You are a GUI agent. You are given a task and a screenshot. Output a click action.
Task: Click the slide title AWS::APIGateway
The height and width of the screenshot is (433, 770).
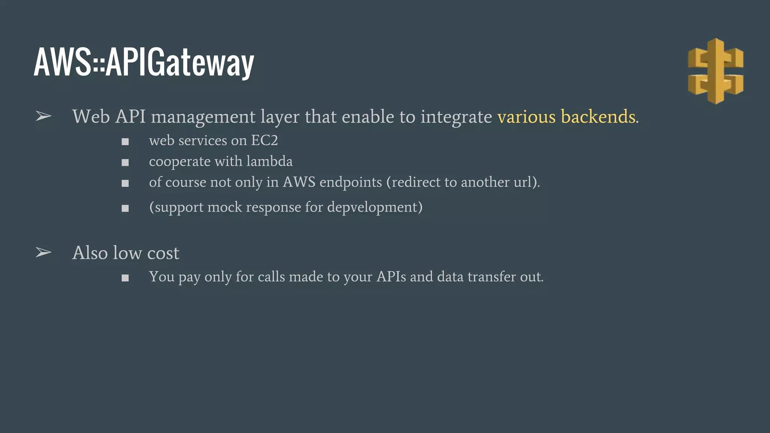point(144,62)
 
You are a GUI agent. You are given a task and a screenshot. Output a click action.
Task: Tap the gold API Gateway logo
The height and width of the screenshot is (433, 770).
point(715,71)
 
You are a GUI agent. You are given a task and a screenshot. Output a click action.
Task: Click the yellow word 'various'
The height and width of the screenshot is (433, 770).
point(526,117)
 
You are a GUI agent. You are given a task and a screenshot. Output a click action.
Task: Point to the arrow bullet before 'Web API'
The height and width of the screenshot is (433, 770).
point(43,117)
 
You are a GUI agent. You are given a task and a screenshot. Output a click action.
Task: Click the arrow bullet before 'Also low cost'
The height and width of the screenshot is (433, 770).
point(43,253)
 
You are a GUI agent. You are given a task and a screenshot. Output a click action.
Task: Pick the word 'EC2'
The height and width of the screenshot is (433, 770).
point(264,141)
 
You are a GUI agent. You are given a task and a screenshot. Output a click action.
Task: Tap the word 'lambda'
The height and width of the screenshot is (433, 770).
point(269,161)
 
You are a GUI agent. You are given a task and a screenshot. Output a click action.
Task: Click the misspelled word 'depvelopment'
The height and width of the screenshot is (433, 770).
point(375,207)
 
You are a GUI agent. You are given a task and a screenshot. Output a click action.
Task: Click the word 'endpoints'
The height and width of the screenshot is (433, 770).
point(350,182)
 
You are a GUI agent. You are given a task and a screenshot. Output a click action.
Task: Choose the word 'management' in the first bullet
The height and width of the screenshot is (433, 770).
point(203,117)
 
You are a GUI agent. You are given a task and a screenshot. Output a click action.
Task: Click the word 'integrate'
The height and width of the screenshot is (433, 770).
point(456,117)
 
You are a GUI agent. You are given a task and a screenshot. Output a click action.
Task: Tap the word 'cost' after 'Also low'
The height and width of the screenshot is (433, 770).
point(163,253)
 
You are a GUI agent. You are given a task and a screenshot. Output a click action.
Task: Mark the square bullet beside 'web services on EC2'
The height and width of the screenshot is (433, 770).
point(125,142)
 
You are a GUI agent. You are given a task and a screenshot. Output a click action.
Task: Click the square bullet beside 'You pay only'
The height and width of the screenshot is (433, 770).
point(125,278)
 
